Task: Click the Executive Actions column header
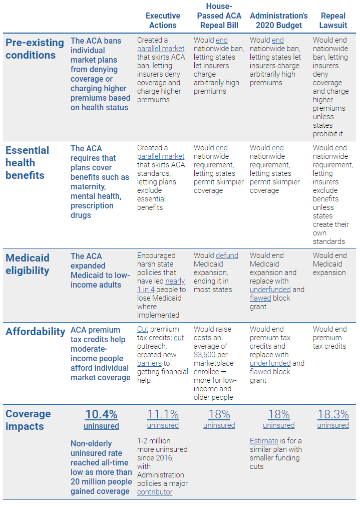(x=163, y=21)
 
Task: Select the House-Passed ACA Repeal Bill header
(x=219, y=16)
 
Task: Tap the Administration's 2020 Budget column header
(x=278, y=21)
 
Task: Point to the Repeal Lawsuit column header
(x=333, y=21)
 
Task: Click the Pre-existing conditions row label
(x=35, y=49)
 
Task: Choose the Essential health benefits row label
(x=28, y=162)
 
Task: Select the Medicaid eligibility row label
(x=28, y=264)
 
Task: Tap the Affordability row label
(x=36, y=331)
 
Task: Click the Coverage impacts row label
(x=28, y=420)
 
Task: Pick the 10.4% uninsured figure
(x=101, y=415)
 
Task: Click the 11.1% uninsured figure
(x=163, y=414)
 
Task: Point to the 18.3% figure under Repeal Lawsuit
(x=333, y=414)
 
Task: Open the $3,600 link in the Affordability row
(x=205, y=355)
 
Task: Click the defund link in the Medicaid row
(x=227, y=256)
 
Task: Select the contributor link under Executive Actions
(x=155, y=492)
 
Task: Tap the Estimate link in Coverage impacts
(x=264, y=441)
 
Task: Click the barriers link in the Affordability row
(x=149, y=363)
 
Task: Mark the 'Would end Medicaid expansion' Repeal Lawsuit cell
(x=329, y=264)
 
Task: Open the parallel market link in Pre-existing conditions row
(x=161, y=49)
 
